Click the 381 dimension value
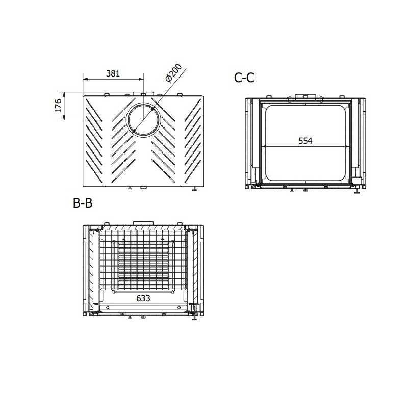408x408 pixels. click(113, 73)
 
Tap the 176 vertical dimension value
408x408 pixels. click(58, 106)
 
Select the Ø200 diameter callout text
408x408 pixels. click(173, 73)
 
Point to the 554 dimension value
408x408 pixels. click(305, 141)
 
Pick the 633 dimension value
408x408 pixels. click(143, 298)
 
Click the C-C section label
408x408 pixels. click(244, 78)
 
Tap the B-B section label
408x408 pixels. click(83, 203)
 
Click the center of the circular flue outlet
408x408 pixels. click(143, 120)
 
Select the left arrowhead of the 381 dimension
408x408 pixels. click(85, 80)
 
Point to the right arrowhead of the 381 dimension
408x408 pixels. click(141, 80)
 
